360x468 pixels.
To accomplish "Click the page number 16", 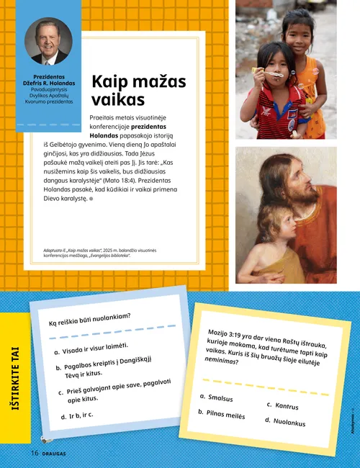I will (x=34, y=453).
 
